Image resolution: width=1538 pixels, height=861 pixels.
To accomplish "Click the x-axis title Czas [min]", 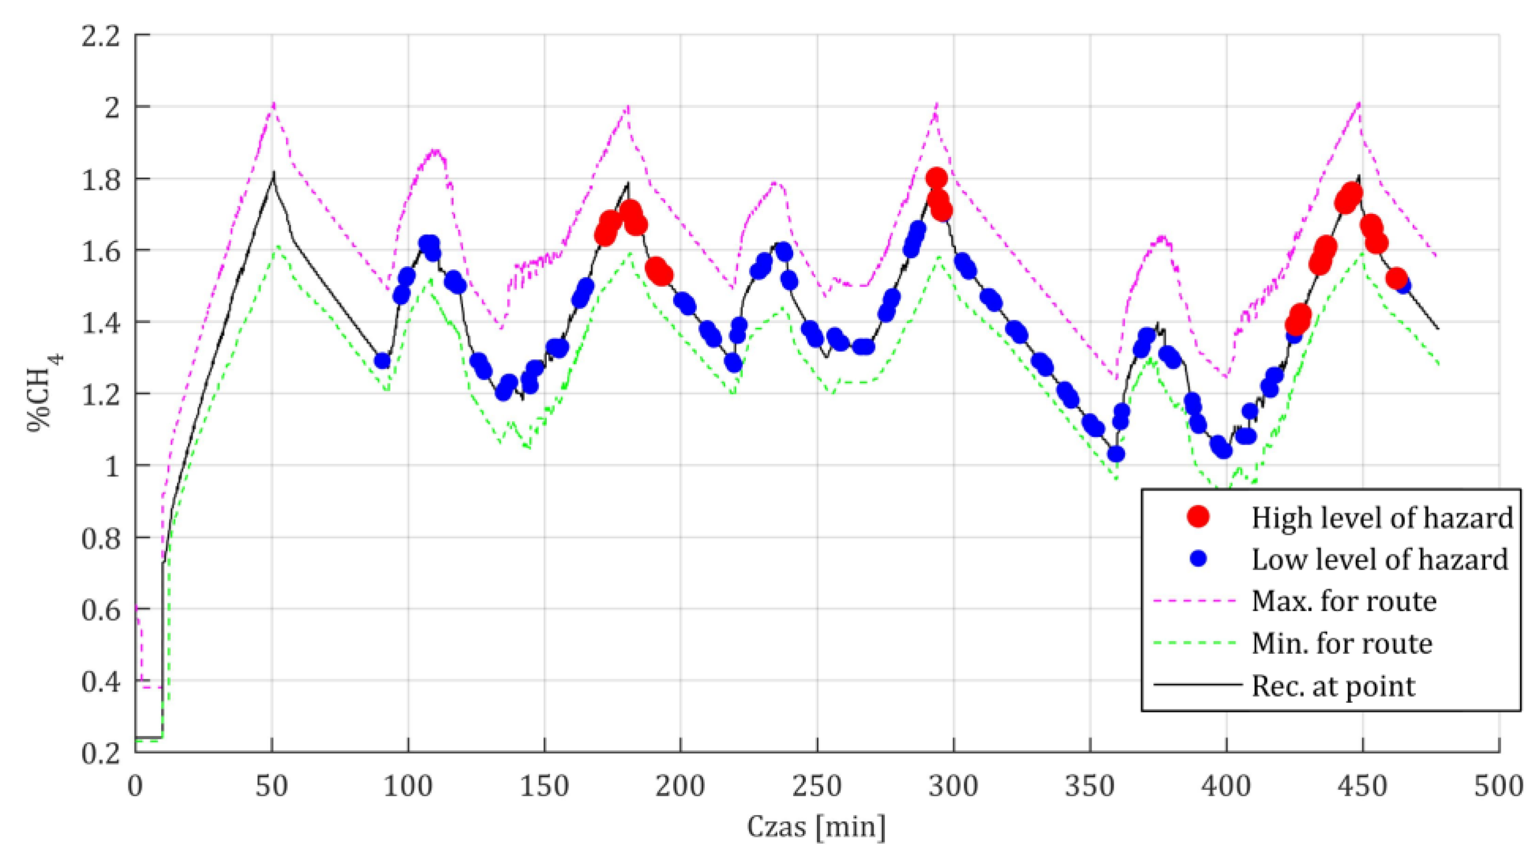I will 816,827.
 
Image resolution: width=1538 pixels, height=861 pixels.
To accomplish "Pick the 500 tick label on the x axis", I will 1498,786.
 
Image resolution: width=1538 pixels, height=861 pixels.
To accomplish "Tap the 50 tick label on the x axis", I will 272,786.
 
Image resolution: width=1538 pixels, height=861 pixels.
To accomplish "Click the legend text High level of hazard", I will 1382,517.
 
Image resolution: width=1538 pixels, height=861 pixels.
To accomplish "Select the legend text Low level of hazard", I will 1380,559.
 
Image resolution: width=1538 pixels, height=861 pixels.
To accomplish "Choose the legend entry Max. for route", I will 1343,601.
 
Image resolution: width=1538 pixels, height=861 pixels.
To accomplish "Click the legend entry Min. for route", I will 1342,643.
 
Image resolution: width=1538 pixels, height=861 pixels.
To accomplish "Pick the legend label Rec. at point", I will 1333,686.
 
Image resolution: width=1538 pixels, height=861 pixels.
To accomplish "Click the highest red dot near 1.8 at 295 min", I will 936,178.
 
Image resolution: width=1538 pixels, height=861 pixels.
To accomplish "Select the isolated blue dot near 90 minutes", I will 382,361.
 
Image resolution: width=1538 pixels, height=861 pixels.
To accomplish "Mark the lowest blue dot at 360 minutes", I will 1116,454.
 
